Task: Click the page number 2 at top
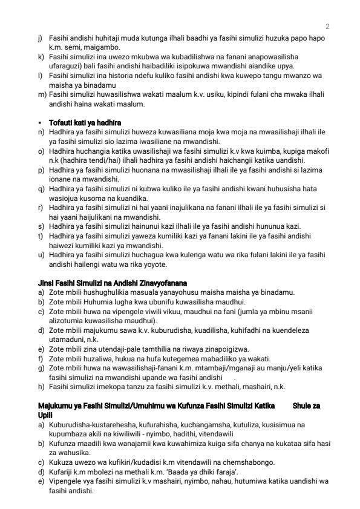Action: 327,27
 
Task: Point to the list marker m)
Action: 42,95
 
